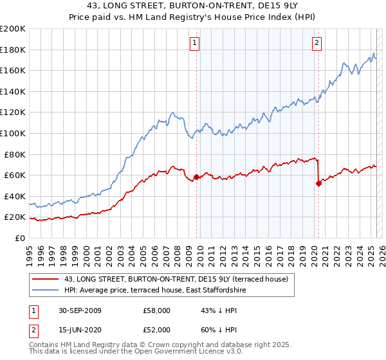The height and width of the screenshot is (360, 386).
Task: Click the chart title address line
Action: tap(192, 7)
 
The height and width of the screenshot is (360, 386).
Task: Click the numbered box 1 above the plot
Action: tap(195, 43)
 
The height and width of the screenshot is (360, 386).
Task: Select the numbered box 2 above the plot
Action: tap(317, 43)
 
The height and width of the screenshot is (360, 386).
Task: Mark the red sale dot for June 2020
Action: tap(318, 183)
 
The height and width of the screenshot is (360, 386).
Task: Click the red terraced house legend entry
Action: tap(179, 278)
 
